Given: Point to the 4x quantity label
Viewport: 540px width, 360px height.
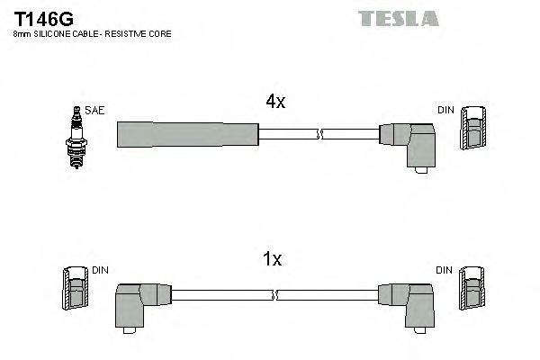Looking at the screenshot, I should click(x=274, y=103).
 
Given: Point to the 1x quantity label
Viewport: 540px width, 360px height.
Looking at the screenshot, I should click(x=272, y=260).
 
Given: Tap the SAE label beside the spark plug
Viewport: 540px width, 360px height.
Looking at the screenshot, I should click(x=96, y=111).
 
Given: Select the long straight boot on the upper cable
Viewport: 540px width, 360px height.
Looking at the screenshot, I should click(x=187, y=134).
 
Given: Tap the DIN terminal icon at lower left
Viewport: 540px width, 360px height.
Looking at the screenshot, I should click(x=75, y=292).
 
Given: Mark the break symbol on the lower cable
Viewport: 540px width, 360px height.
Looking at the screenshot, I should click(x=274, y=294).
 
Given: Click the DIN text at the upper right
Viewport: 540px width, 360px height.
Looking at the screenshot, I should click(x=445, y=111).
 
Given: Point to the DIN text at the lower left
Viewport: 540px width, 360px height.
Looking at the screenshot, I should click(x=99, y=270).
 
